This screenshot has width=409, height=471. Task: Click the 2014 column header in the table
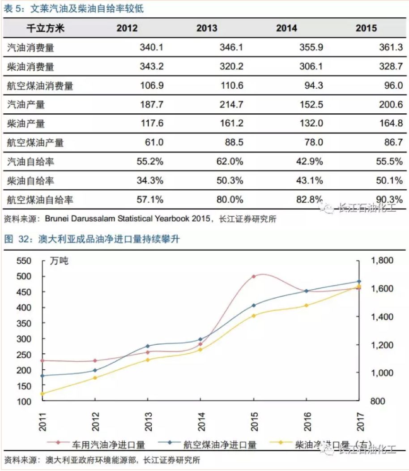point(286,28)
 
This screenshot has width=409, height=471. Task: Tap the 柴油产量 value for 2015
point(391,124)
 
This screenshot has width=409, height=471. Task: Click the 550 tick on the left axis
point(24,261)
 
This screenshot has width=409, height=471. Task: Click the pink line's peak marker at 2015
point(253,276)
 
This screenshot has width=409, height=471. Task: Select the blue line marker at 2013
point(148,346)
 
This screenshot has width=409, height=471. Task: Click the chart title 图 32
point(16,239)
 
